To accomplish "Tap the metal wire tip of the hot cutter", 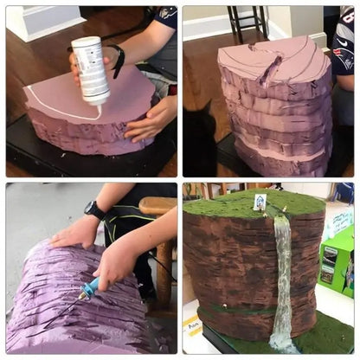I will [80, 299].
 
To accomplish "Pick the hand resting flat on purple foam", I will [74, 232].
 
